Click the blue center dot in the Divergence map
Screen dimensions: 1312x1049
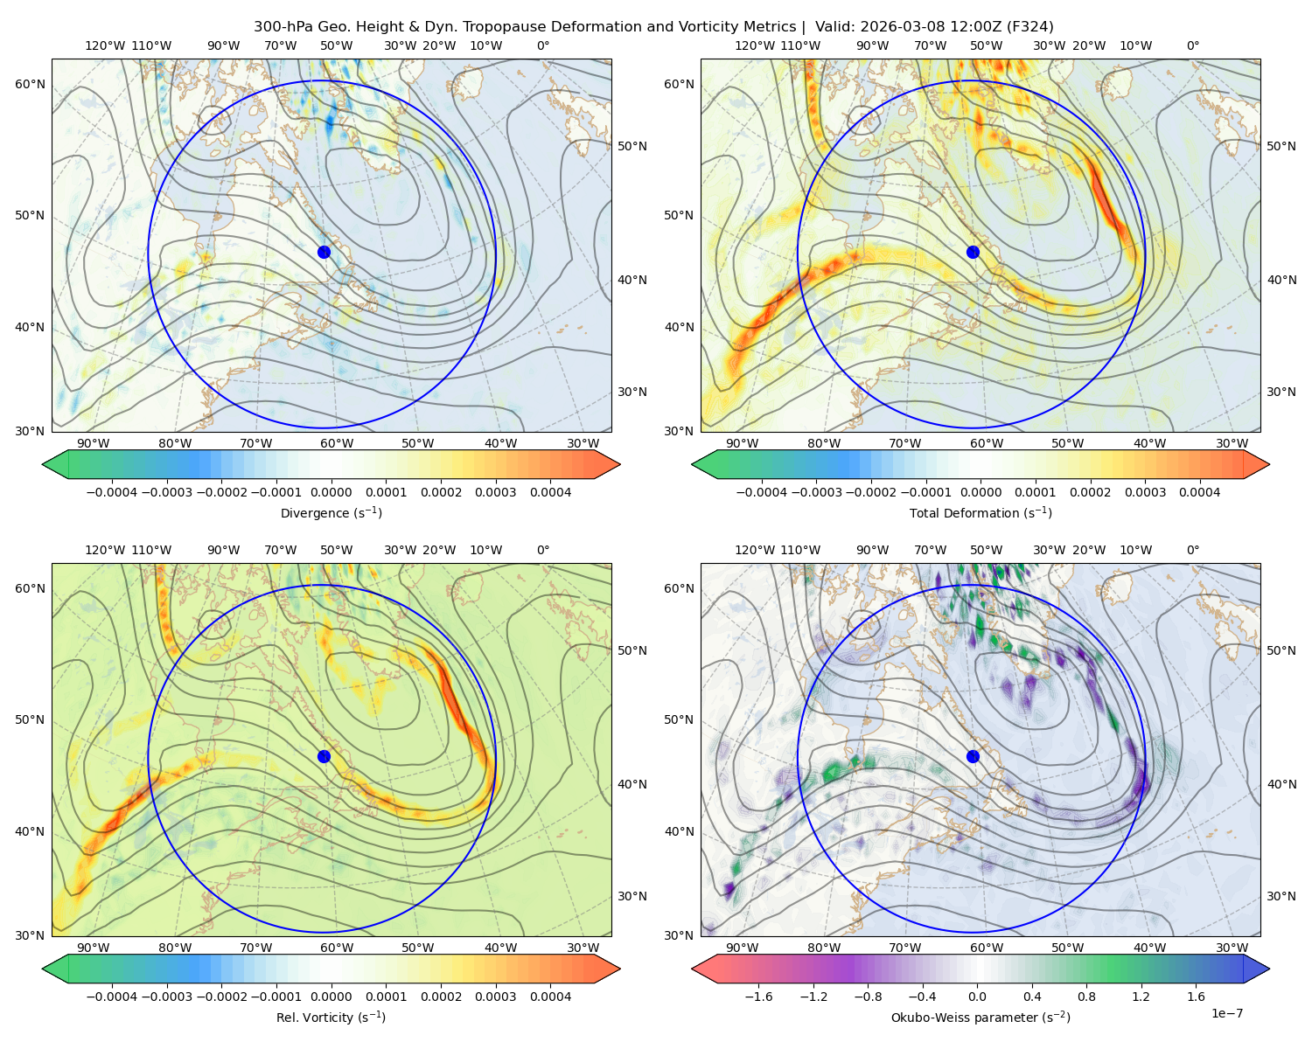tap(324, 253)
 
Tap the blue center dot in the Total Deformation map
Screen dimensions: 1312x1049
tap(973, 253)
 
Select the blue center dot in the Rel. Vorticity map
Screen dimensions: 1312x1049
tap(324, 756)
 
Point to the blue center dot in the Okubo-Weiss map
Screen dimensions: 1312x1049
tap(973, 756)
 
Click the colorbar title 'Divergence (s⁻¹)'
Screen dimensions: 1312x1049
tap(331, 513)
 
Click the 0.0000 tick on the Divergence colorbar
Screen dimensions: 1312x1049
tap(331, 492)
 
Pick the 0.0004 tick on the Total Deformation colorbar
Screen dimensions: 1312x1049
tap(1199, 492)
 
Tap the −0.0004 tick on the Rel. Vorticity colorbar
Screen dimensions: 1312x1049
tap(112, 997)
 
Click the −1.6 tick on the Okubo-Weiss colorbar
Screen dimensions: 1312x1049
tap(758, 997)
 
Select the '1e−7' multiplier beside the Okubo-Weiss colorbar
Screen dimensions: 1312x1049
tap(1226, 1013)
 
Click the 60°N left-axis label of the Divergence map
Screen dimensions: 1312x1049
tap(30, 84)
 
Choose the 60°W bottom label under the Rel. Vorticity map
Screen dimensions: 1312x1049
tap(337, 948)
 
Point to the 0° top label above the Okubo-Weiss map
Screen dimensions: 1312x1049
tap(1192, 550)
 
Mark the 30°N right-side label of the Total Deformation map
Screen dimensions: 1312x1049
tap(1281, 392)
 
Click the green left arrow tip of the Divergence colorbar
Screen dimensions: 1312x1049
tap(43, 464)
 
